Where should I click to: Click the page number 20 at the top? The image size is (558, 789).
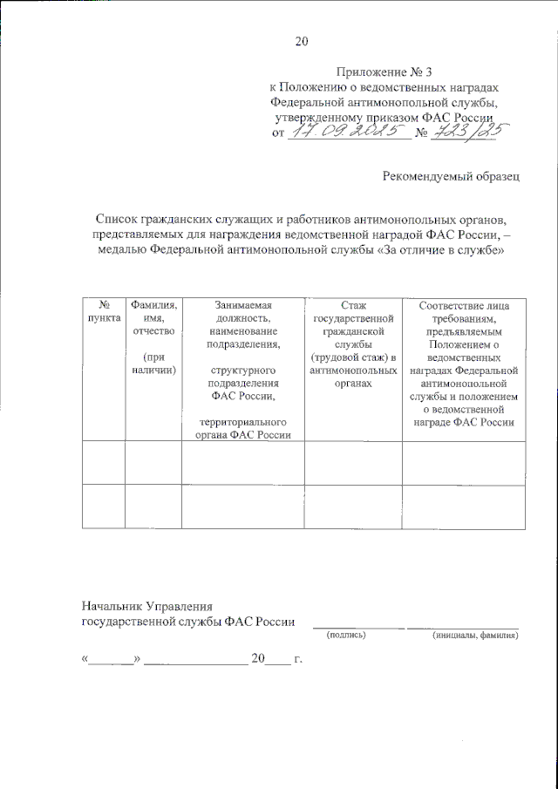(302, 41)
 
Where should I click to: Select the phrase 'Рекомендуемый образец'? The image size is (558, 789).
(451, 177)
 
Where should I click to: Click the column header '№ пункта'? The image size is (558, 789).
(104, 312)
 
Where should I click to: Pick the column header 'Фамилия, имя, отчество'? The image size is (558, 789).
(153, 318)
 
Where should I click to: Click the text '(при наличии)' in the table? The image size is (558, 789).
(153, 364)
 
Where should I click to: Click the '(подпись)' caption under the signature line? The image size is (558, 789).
(346, 636)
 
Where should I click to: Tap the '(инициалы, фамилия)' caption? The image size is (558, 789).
(475, 636)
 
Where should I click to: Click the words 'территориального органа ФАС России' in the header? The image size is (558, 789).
(242, 430)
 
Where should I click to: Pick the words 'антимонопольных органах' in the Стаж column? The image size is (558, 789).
(353, 377)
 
